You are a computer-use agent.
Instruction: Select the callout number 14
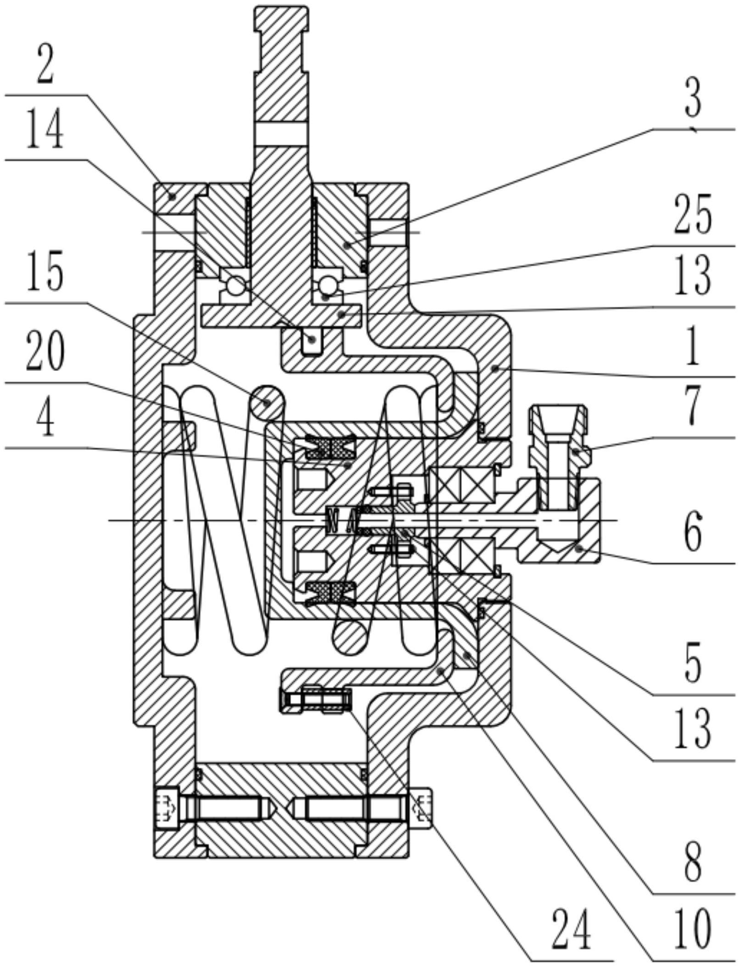click(x=45, y=132)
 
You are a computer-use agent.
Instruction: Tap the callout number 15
click(x=45, y=274)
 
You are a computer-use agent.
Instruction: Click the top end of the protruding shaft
click(x=281, y=10)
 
